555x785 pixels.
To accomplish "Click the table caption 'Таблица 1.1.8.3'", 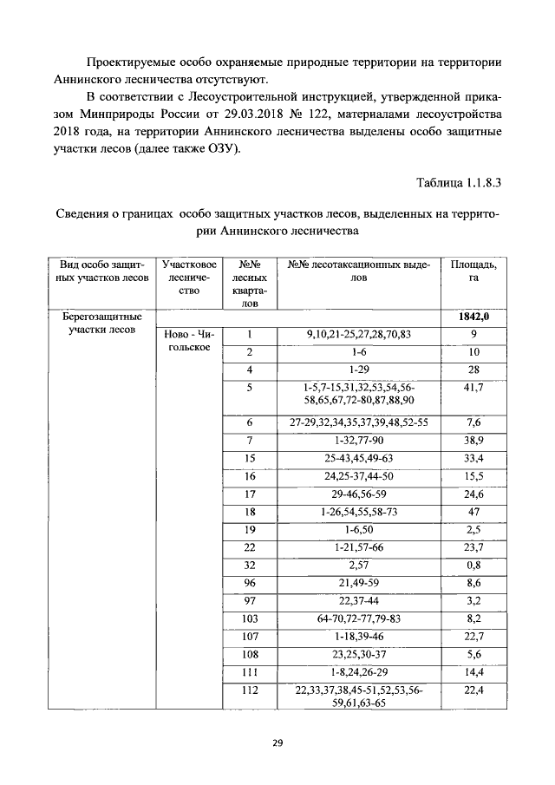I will pyautogui.click(x=459, y=183).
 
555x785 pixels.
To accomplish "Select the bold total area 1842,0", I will pyautogui.click(x=473, y=317).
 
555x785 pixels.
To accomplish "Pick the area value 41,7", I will pyautogui.click(x=473, y=388).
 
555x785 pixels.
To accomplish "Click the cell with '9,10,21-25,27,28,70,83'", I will pyautogui.click(x=358, y=335).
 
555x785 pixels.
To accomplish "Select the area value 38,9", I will pyautogui.click(x=473, y=440).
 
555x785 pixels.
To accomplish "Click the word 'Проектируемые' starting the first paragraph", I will pyautogui.click(x=128, y=62).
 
